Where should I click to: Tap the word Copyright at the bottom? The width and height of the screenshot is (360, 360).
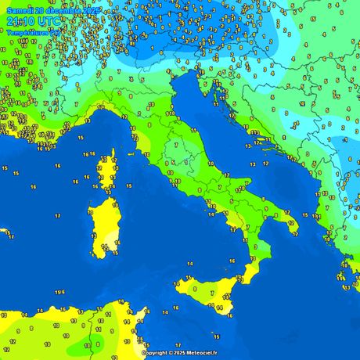(154, 353)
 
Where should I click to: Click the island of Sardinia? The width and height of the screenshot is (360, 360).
(105, 227)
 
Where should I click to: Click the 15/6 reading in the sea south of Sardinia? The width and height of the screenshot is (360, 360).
(60, 292)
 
